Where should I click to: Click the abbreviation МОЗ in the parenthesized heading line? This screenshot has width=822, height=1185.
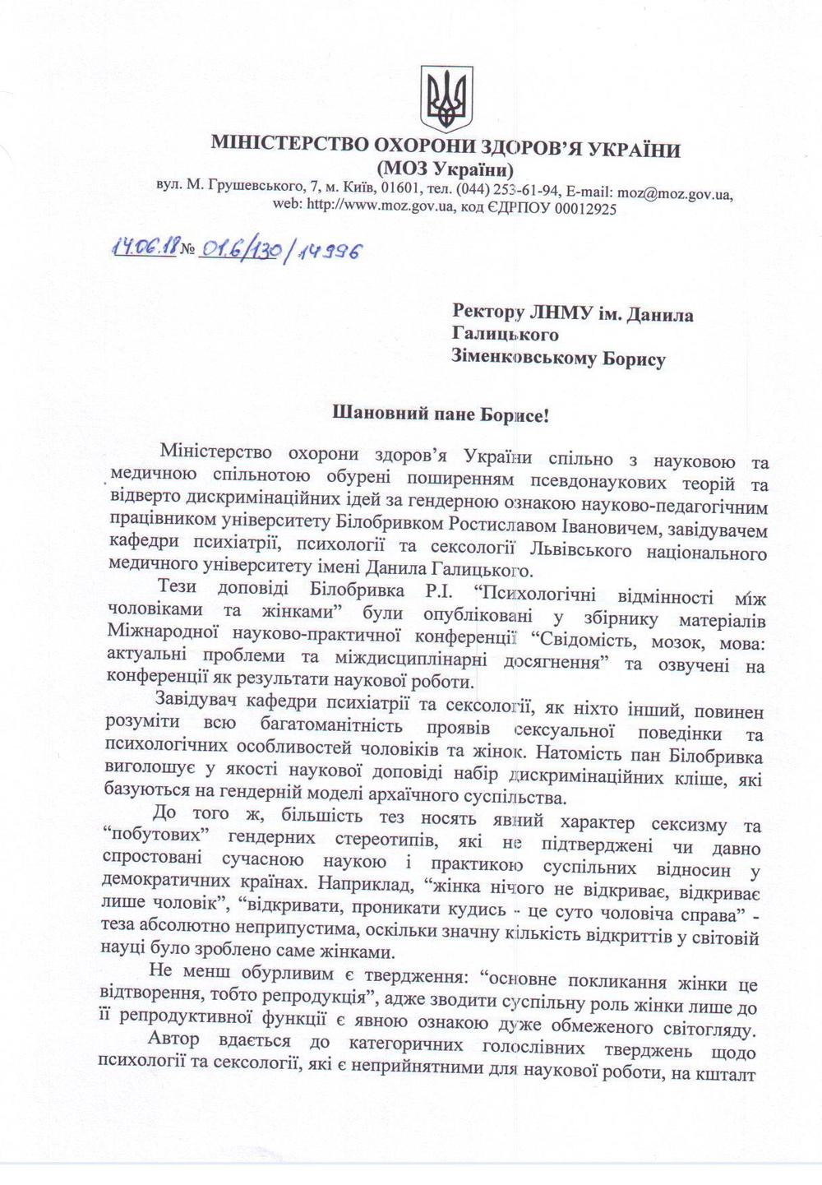[403, 170]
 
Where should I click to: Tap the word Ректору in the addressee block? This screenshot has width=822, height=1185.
[489, 314]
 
